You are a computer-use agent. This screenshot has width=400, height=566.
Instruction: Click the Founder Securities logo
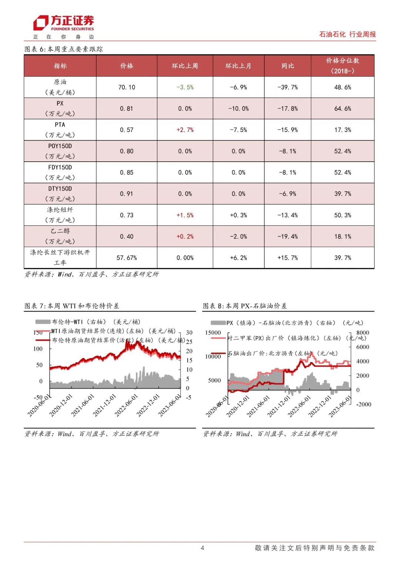coord(63,24)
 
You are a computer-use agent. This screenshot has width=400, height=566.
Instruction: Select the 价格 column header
coord(127,66)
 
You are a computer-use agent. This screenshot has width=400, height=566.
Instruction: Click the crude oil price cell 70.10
coord(127,87)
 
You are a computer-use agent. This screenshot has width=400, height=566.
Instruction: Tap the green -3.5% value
coord(185,87)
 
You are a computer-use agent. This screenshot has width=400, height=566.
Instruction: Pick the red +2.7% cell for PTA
coord(185,130)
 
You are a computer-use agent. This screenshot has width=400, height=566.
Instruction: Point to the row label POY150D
coord(60,146)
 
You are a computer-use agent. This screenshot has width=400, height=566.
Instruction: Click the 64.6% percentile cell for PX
coord(343,109)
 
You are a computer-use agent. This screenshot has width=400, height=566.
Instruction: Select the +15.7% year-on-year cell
coord(287,258)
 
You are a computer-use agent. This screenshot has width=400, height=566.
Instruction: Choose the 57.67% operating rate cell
coord(127,258)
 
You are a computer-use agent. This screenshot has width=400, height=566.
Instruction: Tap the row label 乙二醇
coord(60,231)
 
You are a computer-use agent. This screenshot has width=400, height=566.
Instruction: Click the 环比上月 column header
coord(239,66)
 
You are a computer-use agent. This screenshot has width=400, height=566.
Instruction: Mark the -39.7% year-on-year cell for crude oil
coord(287,87)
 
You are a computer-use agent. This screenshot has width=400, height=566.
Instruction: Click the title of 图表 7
coord(72,306)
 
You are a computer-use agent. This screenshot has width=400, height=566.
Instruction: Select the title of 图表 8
coord(245,306)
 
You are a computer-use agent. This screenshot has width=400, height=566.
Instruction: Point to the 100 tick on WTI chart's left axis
coord(38,349)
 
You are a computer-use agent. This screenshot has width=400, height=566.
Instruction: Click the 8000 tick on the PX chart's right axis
coord(363,333)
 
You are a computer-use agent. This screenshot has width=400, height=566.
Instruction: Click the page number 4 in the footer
coord(202,548)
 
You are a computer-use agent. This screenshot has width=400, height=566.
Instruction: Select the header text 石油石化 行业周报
coord(347,34)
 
